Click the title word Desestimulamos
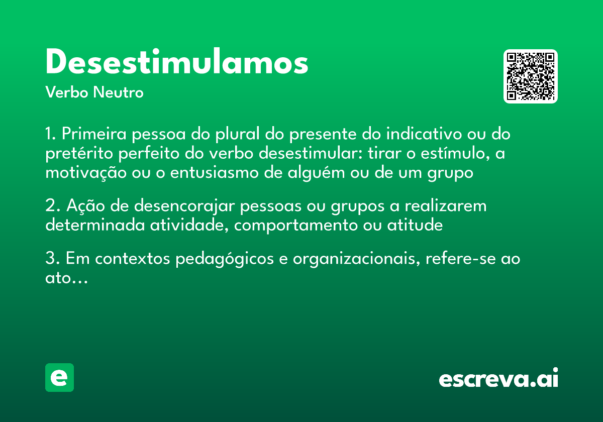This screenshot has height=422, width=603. [x=176, y=63]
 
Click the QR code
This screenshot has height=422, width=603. [x=531, y=76]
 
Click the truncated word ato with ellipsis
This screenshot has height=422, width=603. [x=66, y=279]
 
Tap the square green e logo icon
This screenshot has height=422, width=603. [x=59, y=378]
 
